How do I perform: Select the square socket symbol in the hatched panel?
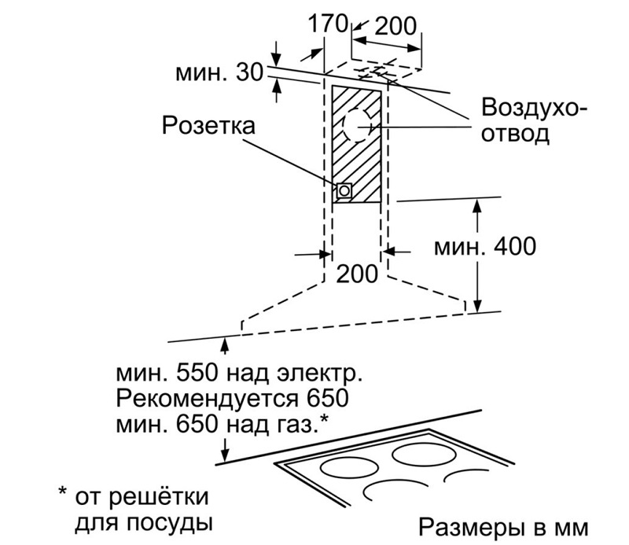tap(344, 190)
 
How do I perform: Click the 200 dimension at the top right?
tap(395, 26)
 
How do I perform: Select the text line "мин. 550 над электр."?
tap(240, 371)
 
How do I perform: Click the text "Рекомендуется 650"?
tap(231, 397)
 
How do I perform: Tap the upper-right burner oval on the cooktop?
tap(425, 455)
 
